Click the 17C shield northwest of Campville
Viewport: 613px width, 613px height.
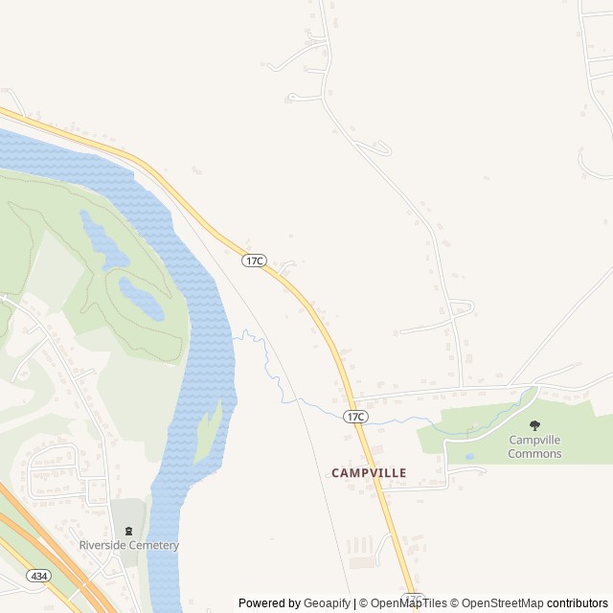254,261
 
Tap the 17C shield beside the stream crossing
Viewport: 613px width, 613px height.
355,416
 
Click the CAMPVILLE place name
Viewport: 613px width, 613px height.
369,473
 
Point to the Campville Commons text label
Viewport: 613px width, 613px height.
534,446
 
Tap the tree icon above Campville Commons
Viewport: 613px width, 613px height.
534,425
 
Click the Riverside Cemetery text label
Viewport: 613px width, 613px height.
129,546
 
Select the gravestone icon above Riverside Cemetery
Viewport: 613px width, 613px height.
128,531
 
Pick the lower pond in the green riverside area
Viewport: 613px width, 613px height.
140,300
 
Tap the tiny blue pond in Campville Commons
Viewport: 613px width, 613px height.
469,457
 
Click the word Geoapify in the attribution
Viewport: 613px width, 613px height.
326,603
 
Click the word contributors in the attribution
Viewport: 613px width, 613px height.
578,603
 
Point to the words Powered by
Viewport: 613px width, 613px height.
269,603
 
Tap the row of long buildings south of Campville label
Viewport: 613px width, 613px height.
359,546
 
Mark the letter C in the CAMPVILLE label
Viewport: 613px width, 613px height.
336,473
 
